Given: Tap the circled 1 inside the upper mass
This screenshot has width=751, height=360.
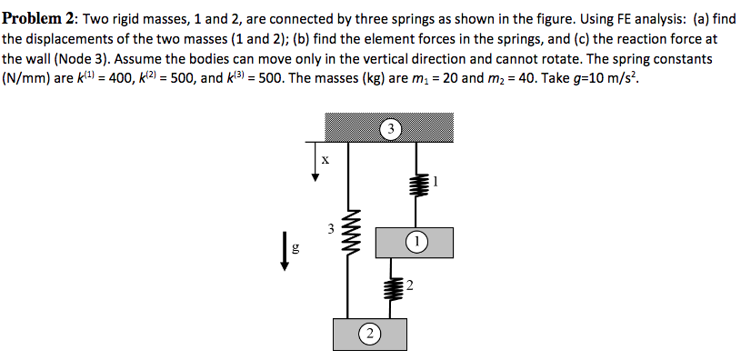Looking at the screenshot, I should coord(416,242).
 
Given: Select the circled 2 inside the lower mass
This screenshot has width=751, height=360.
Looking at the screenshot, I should coord(370,335).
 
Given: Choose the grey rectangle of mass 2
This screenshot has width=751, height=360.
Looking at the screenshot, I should coord(345,335).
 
